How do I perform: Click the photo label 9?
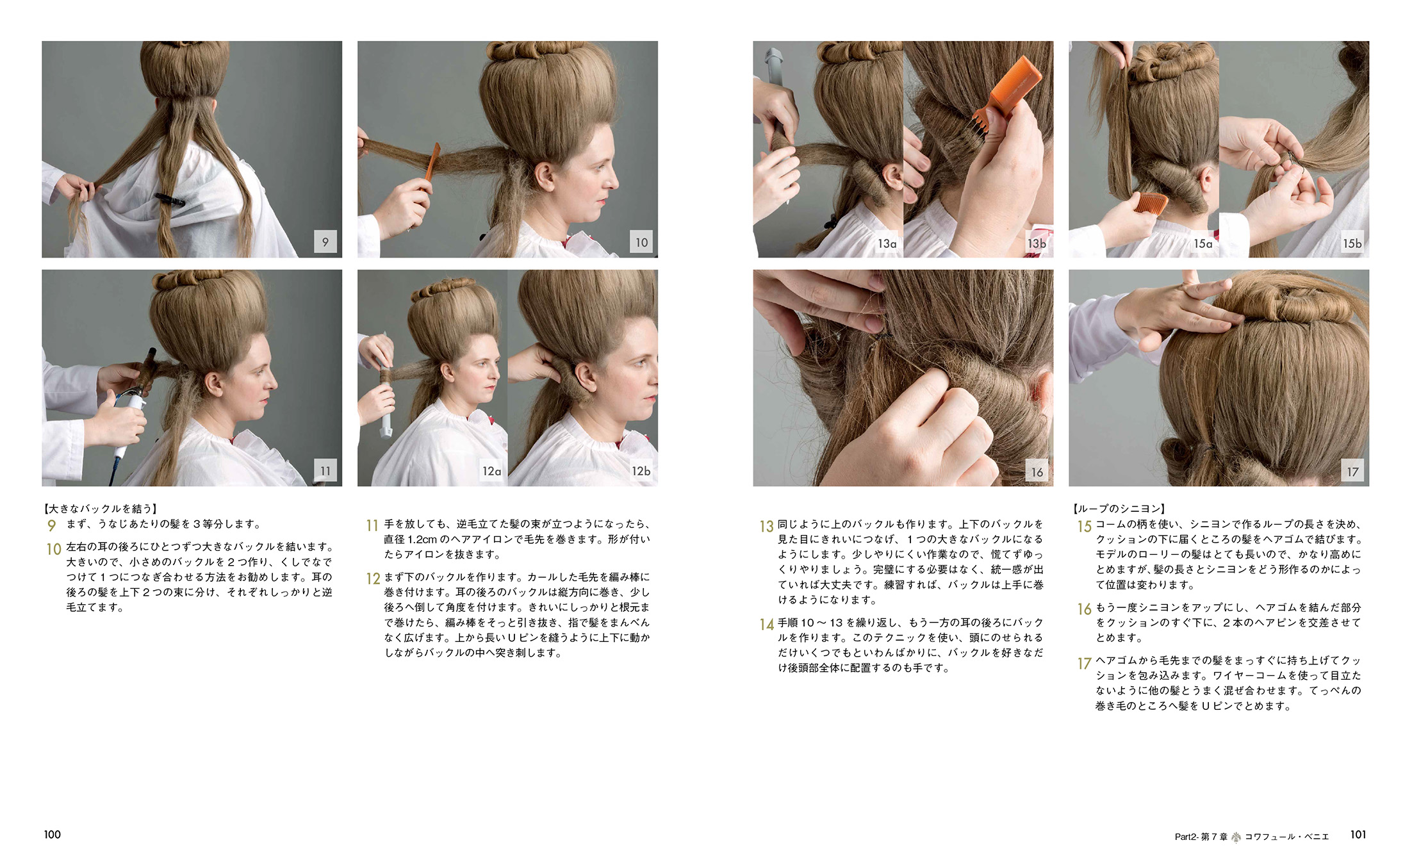[325, 242]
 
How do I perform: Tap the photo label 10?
[641, 242]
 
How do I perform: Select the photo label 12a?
[491, 471]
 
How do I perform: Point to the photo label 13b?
[1037, 243]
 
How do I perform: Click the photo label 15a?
[1203, 243]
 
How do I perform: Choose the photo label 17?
[1352, 471]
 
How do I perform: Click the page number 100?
[53, 834]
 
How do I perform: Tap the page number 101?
[1358, 834]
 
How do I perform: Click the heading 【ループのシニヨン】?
[1119, 509]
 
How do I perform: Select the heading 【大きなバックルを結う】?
[100, 509]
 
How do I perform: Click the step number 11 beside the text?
[372, 525]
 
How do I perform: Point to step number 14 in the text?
[767, 624]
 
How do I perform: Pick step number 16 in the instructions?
[1084, 609]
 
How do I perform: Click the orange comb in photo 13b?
[1008, 93]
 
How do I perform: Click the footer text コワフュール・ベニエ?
[1286, 836]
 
